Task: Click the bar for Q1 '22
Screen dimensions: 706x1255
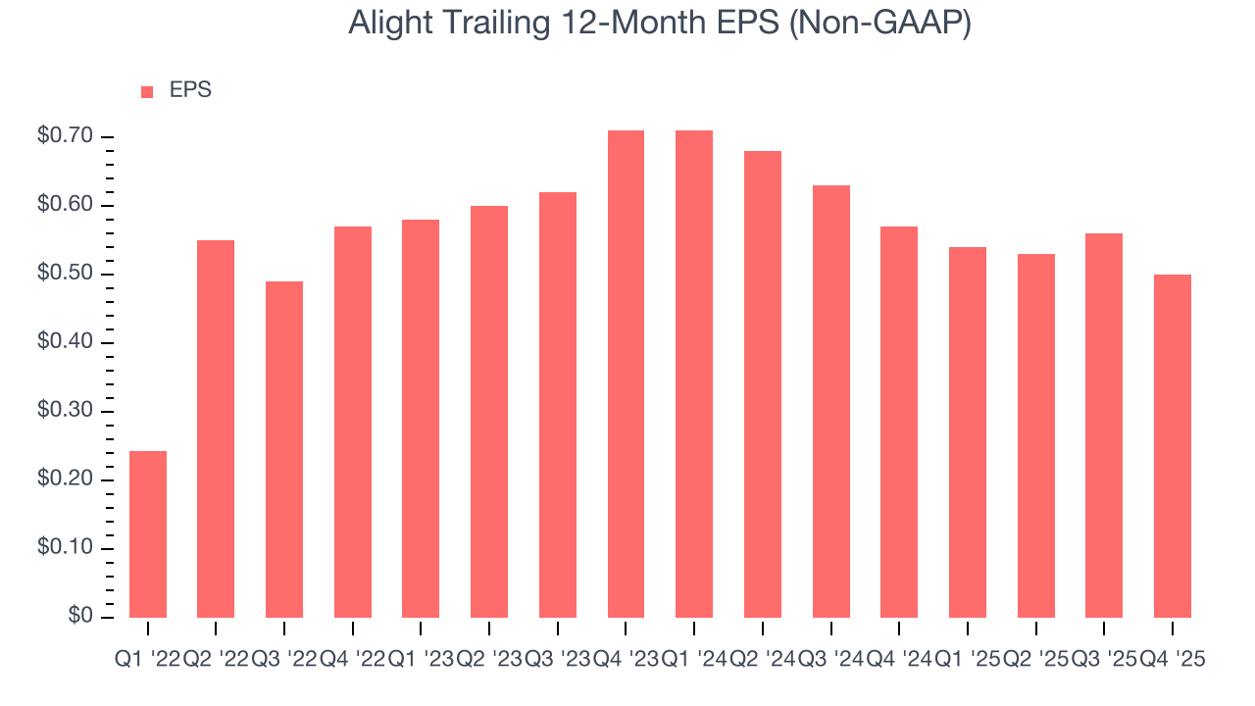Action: coord(148,534)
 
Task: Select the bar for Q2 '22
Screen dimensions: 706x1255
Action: coord(216,429)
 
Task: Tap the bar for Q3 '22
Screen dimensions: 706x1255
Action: coord(284,449)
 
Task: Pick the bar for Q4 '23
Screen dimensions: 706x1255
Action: coord(626,374)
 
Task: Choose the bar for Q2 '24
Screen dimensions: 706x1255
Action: coord(763,384)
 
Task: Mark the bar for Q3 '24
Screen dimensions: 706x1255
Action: coord(830,401)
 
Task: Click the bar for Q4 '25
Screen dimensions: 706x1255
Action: coord(1173,446)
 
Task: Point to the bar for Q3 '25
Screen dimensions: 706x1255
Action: coord(1104,426)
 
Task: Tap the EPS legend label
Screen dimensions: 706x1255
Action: coord(190,90)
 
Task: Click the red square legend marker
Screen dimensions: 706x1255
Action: coord(147,91)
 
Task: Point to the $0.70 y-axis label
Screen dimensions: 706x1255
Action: coord(65,136)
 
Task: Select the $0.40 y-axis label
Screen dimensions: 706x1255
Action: coord(65,342)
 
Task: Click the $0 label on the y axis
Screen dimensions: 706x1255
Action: coord(79,616)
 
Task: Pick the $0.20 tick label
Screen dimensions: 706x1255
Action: coord(65,479)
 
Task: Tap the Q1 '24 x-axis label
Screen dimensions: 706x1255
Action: coord(694,660)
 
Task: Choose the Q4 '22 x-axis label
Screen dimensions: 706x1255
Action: coord(353,660)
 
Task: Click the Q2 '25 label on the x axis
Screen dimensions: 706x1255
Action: coord(1036,660)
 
